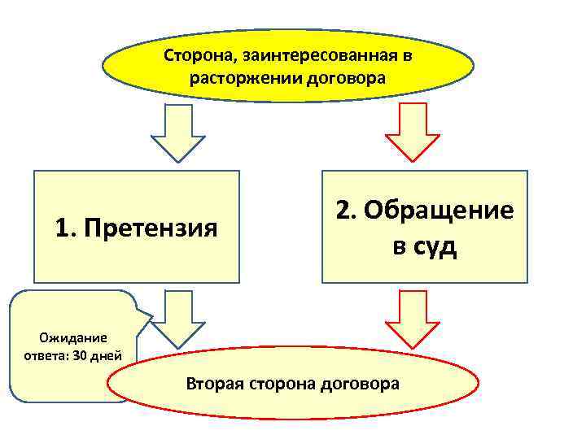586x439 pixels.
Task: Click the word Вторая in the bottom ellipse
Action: [x=213, y=382]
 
